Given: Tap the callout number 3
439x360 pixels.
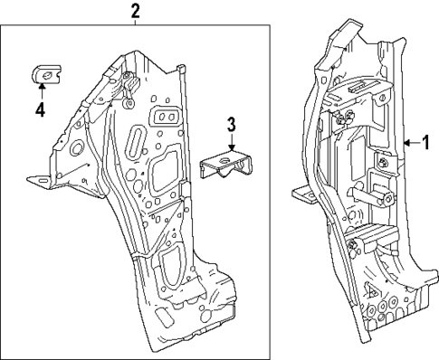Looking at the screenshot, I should click(x=232, y=124).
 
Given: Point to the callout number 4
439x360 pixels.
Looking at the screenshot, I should click(x=40, y=111).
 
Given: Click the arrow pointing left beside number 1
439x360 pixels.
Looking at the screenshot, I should click(x=412, y=142).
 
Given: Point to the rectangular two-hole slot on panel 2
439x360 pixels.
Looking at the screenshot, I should click(x=167, y=117).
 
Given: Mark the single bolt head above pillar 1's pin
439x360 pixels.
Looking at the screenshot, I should click(x=384, y=162).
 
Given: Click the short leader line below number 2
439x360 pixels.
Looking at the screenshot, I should click(x=135, y=24).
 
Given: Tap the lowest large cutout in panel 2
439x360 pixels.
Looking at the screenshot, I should click(x=172, y=271).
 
